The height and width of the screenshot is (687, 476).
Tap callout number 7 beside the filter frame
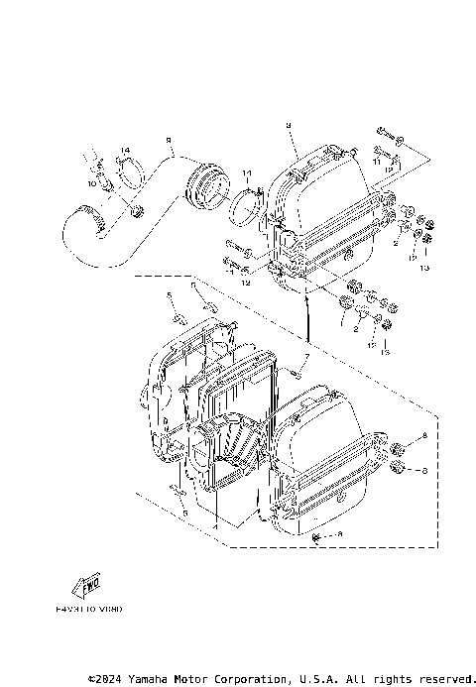click(307, 356)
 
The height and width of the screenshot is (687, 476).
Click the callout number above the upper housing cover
click(287, 126)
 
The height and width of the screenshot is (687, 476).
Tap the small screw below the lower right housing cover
click(316, 536)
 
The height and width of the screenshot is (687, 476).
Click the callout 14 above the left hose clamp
click(125, 151)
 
